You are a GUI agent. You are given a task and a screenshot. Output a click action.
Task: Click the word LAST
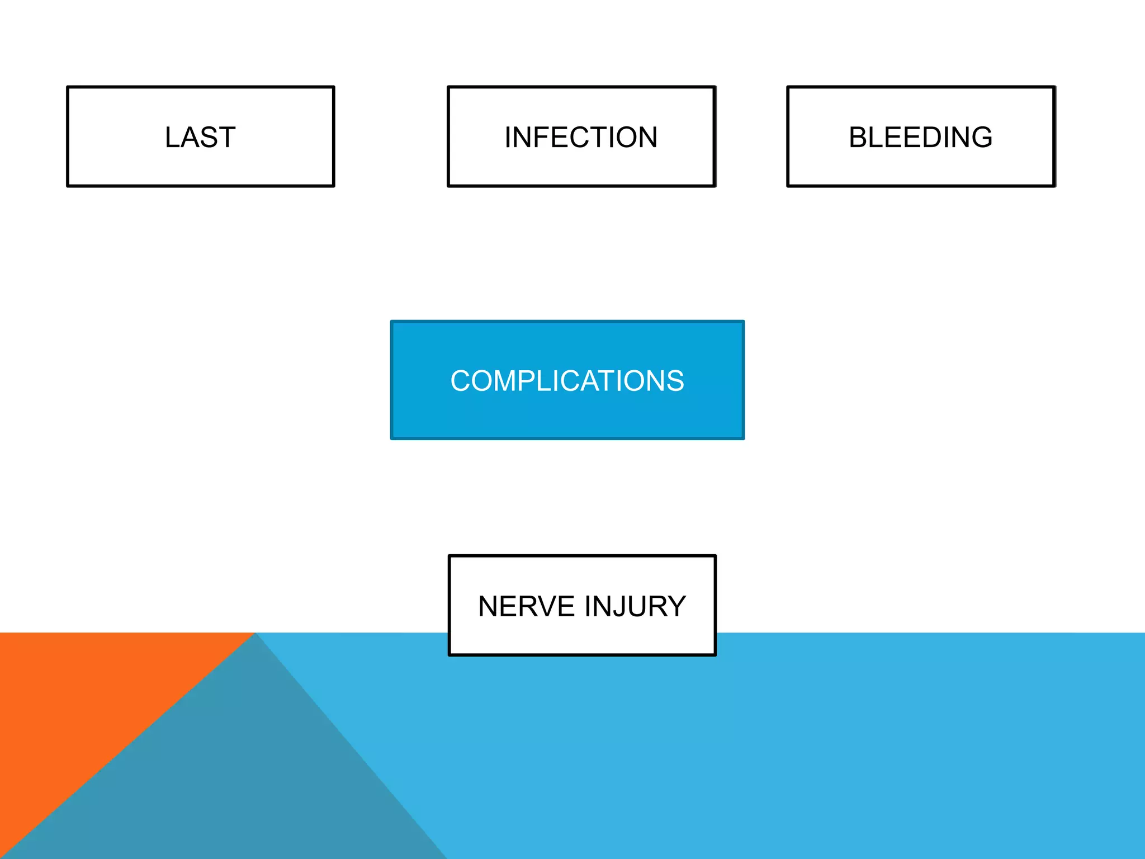(x=200, y=138)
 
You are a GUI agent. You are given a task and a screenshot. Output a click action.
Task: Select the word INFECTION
(x=581, y=138)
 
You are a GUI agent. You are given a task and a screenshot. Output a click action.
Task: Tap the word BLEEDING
(x=920, y=138)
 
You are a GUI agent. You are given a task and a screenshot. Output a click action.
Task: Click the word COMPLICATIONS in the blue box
(x=567, y=381)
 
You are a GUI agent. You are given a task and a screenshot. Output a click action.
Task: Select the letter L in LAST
(x=173, y=138)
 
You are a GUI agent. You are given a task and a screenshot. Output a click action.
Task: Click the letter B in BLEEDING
(x=859, y=138)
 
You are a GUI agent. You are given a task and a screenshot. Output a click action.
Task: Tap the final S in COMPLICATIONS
(x=674, y=381)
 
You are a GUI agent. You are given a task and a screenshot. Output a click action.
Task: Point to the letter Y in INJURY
(x=675, y=607)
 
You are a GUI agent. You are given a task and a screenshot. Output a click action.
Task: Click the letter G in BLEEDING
(x=980, y=138)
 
